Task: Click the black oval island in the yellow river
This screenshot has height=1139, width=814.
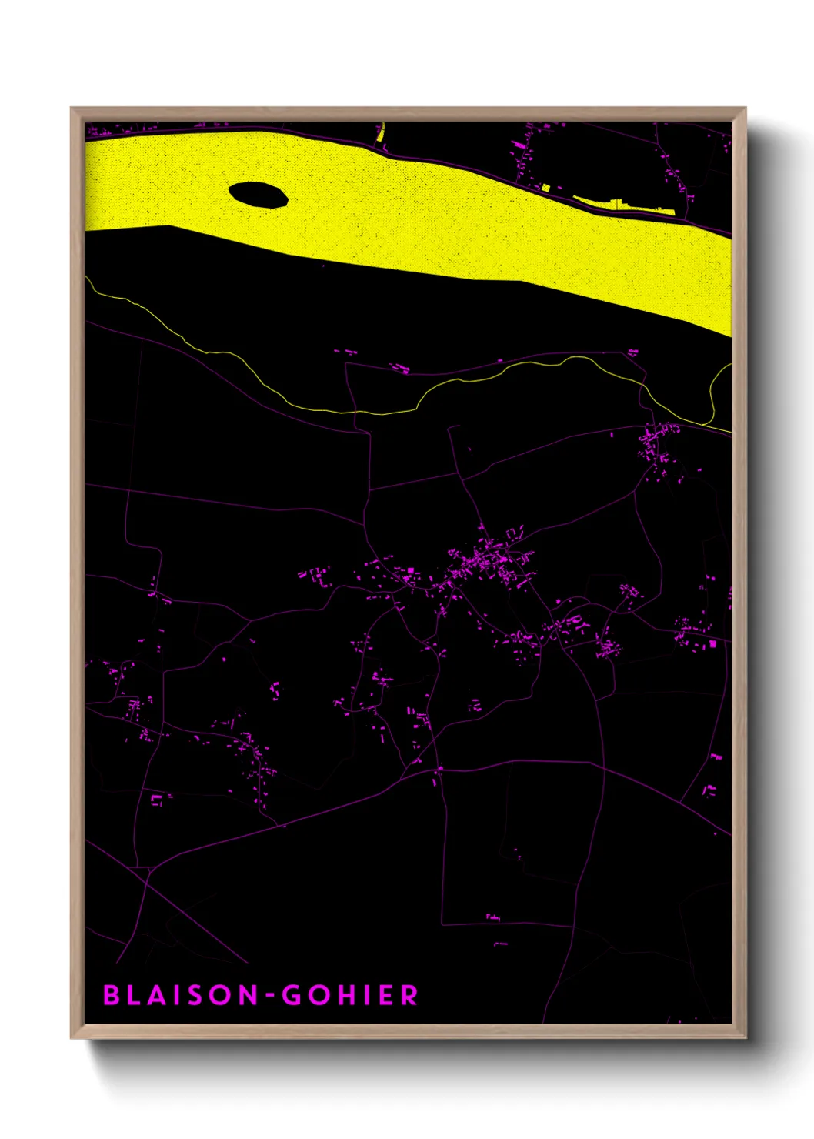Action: click(259, 195)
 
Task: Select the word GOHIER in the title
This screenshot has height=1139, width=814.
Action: click(350, 995)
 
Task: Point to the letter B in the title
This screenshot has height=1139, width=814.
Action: click(112, 995)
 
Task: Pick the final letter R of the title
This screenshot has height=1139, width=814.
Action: click(409, 995)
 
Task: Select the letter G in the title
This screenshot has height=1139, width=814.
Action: click(292, 995)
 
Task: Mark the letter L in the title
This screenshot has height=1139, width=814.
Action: click(135, 995)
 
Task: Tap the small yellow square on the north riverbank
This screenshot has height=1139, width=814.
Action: click(545, 187)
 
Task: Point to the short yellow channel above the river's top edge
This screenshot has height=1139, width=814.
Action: click(381, 134)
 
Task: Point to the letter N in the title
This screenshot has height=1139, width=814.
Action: click(246, 995)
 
